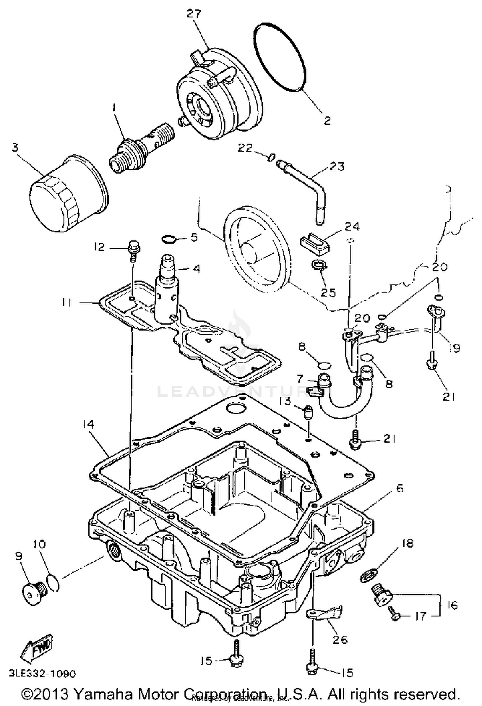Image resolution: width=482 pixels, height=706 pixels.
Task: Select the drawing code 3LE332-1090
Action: pyautogui.click(x=42, y=674)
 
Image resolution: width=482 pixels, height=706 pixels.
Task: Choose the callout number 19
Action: pyautogui.click(x=454, y=348)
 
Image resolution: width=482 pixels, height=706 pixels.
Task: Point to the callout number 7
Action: pyautogui.click(x=299, y=379)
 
